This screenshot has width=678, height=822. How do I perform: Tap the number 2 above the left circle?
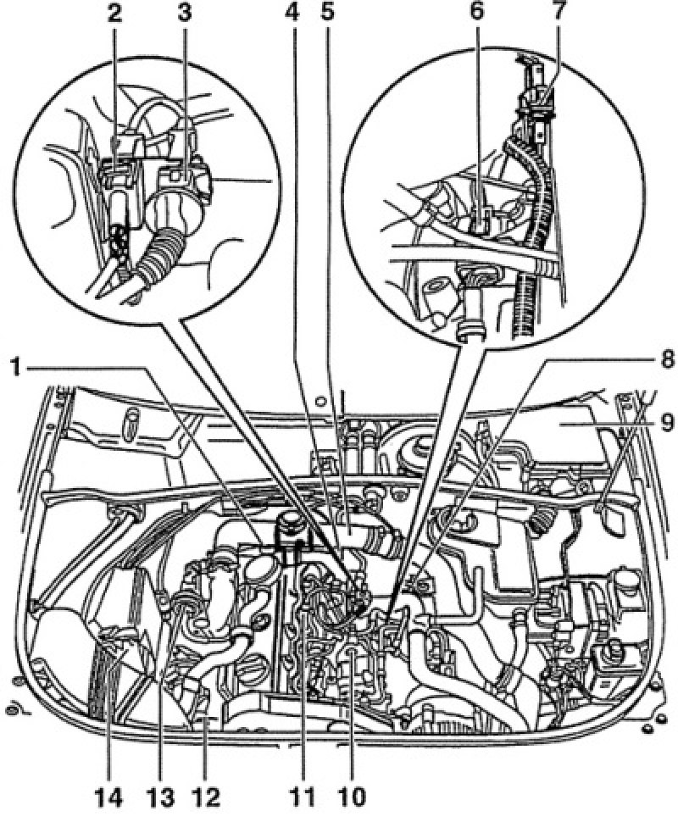click(x=114, y=13)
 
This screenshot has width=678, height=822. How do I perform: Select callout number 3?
click(x=184, y=13)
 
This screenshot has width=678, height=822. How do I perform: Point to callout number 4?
click(x=292, y=13)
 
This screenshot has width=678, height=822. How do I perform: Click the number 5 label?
click(x=328, y=13)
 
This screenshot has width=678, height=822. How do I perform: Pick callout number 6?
click(x=476, y=13)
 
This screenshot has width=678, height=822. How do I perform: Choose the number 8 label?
click(x=666, y=361)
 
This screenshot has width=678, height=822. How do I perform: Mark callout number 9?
click(x=666, y=423)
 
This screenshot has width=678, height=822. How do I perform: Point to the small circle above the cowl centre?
click(x=323, y=401)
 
